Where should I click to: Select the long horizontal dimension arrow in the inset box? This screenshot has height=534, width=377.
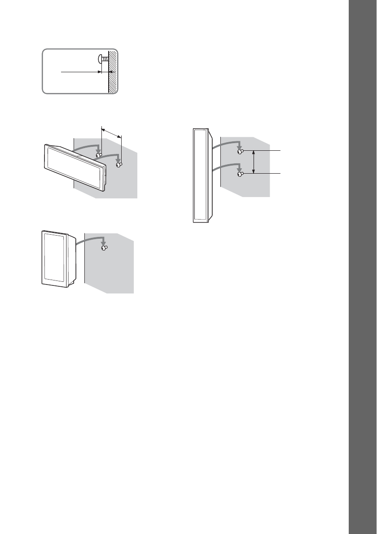pos(81,71)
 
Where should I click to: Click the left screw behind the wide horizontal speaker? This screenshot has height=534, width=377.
pos(99,155)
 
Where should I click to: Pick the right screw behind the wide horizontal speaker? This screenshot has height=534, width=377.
pos(119,165)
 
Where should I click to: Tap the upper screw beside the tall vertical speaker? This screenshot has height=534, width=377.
pos(240,152)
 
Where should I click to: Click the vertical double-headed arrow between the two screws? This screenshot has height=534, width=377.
pos(254,162)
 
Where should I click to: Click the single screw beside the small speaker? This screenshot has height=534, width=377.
pos(105,247)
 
